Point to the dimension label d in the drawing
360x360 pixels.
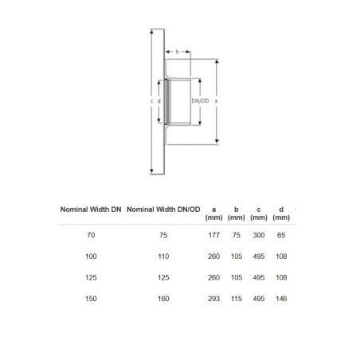[160, 101]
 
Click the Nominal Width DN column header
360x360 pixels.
[92, 210]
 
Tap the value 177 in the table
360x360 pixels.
[213, 236]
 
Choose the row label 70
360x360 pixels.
[92, 236]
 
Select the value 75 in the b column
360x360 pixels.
[236, 236]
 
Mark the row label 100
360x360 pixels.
[92, 256]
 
